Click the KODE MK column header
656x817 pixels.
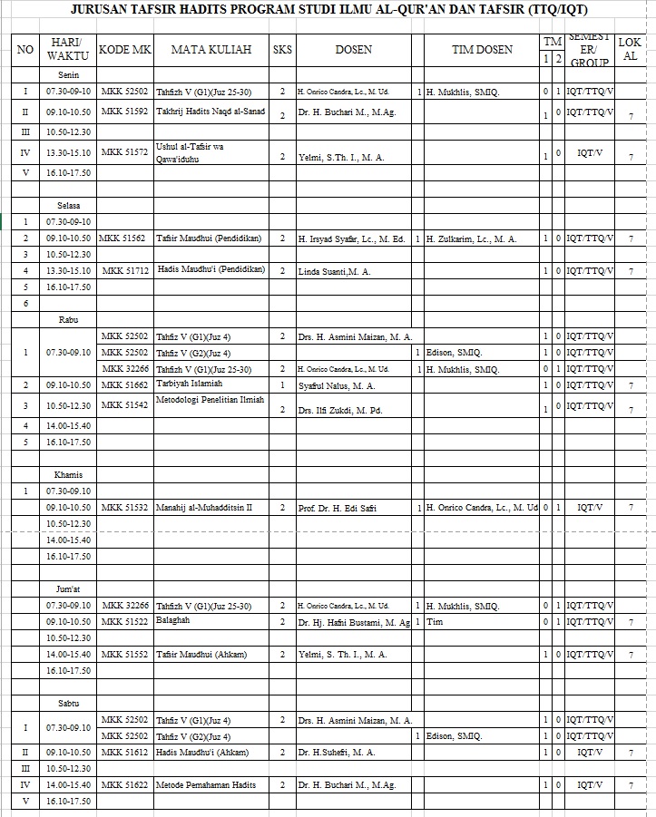pyautogui.click(x=125, y=50)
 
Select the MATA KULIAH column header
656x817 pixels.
pyautogui.click(x=211, y=50)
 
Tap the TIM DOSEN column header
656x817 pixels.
pyautogui.click(x=482, y=50)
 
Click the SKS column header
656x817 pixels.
pyautogui.click(x=282, y=50)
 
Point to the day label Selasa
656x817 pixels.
pyautogui.click(x=69, y=206)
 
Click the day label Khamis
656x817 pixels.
pyautogui.click(x=69, y=474)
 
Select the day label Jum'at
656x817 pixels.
pyautogui.click(x=69, y=588)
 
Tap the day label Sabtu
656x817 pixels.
pyautogui.click(x=69, y=703)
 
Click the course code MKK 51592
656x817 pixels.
pyautogui.click(x=125, y=112)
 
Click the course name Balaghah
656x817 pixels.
pyautogui.click(x=173, y=621)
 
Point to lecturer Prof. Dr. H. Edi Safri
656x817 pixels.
pyautogui.click(x=337, y=508)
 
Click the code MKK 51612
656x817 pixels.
pyautogui.click(x=125, y=752)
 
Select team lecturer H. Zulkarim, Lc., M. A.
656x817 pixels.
pyautogui.click(x=471, y=238)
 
